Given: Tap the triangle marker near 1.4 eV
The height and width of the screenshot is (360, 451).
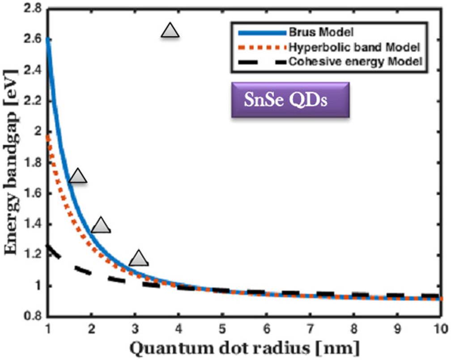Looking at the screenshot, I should coord(101,226).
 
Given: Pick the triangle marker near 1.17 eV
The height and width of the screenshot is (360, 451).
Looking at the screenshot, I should coord(138,258).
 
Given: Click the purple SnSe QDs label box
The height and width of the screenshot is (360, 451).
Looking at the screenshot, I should coord(289,100).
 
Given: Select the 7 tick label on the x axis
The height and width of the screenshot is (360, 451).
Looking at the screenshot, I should coord(310,328).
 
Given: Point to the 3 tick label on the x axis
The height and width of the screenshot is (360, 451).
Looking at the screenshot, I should coord(135,328).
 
